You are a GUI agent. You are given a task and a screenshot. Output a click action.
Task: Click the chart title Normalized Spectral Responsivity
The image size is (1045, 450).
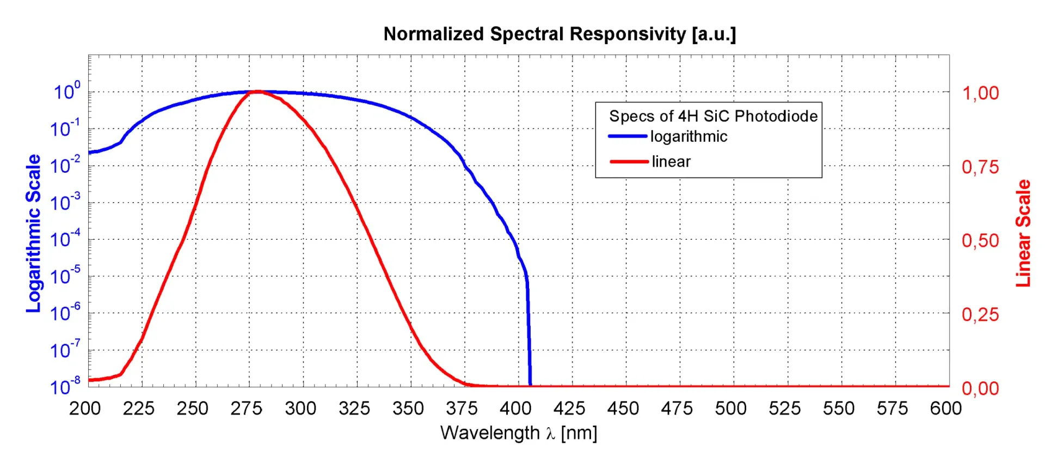[560, 34]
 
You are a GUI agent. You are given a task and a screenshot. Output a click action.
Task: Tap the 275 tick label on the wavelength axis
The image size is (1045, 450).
[247, 408]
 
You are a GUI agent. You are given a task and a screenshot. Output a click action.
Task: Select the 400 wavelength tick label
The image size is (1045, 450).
[515, 408]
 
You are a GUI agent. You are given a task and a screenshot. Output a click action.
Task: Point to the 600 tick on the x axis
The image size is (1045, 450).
[946, 408]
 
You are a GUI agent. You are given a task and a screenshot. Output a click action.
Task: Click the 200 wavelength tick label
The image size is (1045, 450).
[85, 408]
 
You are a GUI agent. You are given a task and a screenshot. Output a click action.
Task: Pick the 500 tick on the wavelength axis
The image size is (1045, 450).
[730, 408]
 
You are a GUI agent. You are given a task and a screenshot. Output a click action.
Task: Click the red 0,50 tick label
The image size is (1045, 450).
[980, 240]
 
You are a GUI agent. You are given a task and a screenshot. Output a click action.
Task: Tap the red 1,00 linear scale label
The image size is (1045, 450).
[980, 93]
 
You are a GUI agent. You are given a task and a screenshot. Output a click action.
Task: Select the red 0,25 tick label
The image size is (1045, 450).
[980, 314]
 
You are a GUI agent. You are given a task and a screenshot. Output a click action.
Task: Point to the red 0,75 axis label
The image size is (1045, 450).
[980, 167]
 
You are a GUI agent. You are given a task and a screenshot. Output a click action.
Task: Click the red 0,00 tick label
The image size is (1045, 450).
[980, 388]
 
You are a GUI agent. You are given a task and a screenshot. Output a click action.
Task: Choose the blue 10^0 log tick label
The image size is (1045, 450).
[66, 91]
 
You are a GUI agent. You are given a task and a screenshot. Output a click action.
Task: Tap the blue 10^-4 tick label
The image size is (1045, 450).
[65, 239]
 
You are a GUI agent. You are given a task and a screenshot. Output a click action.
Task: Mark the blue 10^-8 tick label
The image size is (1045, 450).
[65, 386]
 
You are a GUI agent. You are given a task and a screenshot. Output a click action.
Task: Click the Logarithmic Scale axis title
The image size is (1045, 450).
[33, 233]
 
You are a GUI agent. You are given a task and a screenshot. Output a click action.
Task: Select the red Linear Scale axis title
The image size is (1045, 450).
[1023, 233]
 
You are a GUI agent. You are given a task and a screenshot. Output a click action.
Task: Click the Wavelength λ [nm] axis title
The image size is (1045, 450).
[519, 433]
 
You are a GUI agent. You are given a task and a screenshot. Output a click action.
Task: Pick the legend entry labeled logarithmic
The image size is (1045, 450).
[689, 136]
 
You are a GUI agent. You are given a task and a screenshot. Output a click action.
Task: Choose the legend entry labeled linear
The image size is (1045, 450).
[671, 161]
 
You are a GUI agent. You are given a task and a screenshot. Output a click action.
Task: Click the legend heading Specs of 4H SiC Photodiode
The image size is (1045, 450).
[713, 116]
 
